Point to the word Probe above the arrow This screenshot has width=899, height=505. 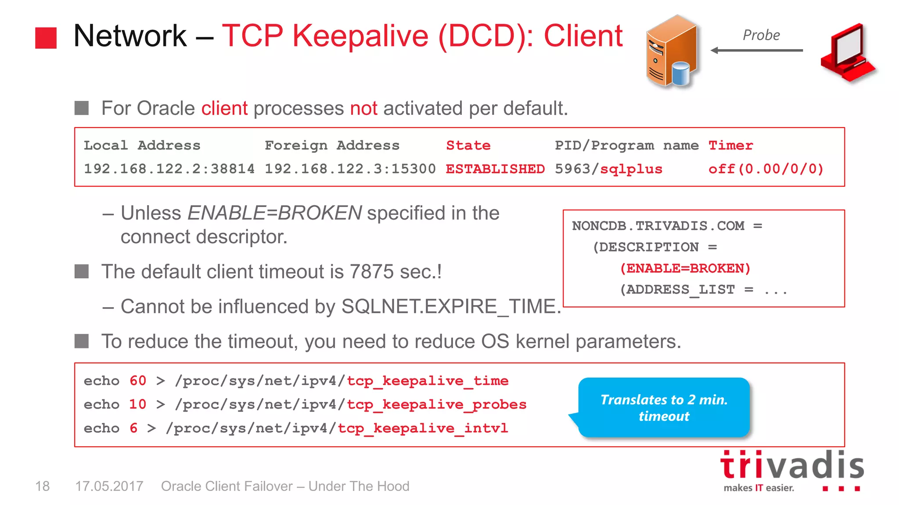tap(761, 35)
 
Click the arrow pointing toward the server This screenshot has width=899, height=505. tap(756, 50)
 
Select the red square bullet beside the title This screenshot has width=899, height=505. tap(46, 38)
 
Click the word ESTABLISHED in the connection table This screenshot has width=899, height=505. tap(495, 169)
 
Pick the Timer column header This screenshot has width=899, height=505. tap(730, 146)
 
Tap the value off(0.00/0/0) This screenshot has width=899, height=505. tap(766, 169)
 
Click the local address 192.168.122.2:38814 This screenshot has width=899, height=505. tap(169, 169)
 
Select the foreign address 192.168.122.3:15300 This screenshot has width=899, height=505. tap(350, 169)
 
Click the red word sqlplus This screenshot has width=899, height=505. tap(631, 169)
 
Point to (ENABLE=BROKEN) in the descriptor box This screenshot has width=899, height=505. tap(685, 268)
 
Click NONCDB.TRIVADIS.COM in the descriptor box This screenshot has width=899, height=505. tap(658, 226)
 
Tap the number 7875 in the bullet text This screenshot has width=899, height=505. tap(372, 272)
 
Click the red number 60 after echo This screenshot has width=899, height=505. tap(137, 381)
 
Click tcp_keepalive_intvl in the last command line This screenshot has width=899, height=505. tap(423, 428)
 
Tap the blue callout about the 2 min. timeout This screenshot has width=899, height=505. tap(664, 408)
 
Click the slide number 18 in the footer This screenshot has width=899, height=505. tap(43, 486)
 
